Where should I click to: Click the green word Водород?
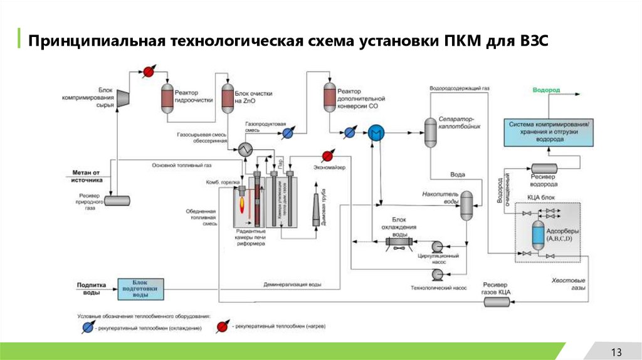pos(546,90)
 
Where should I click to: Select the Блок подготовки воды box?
pos(139,289)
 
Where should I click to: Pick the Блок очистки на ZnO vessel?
pos(227,98)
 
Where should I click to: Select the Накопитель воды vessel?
pos(466,205)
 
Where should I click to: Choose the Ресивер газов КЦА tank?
pos(497,302)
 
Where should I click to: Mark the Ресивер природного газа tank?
pos(117,200)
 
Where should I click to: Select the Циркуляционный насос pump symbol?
pos(436,246)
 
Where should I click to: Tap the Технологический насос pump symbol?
pos(436,274)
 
